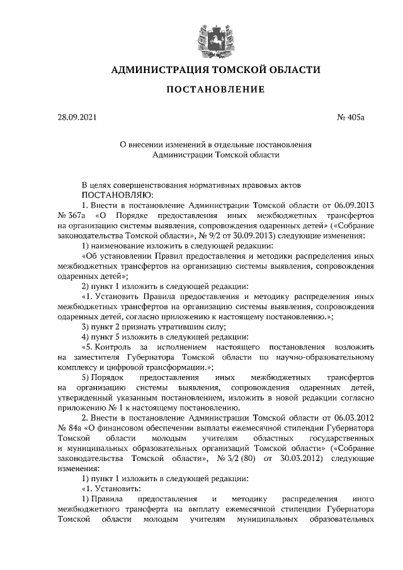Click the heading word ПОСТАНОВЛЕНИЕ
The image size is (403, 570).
[x=215, y=90]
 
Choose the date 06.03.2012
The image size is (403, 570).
[x=355, y=418]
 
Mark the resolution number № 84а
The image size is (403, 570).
[x=71, y=428]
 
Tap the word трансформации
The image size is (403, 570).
[x=179, y=367]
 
